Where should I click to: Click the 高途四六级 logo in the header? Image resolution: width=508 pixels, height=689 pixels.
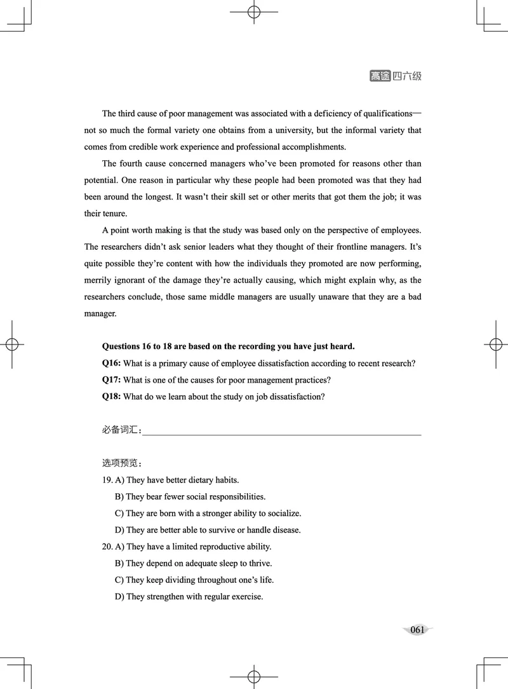pos(395,76)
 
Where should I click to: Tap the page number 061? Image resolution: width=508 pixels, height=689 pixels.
pos(417,630)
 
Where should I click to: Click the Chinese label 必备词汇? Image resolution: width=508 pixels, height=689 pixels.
pos(121,430)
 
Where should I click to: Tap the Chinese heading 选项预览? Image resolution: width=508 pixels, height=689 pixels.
pos(121,463)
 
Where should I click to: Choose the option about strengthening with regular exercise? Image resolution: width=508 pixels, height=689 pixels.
pos(194,597)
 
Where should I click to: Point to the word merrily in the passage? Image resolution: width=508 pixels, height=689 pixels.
pos(100,280)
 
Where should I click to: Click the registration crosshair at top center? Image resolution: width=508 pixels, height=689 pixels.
pos(253,12)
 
